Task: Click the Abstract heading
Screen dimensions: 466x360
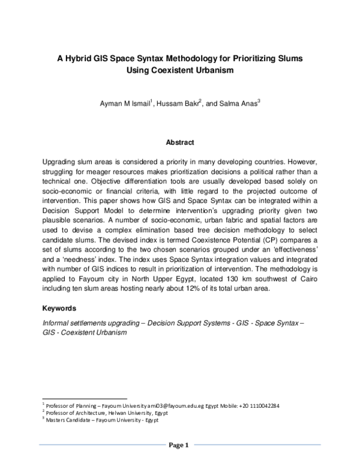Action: [x=180, y=142]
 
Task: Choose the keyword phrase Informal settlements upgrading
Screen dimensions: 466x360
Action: [x=93, y=322]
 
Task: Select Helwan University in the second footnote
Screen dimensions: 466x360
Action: [x=127, y=413]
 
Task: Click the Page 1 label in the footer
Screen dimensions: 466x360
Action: [x=180, y=445]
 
